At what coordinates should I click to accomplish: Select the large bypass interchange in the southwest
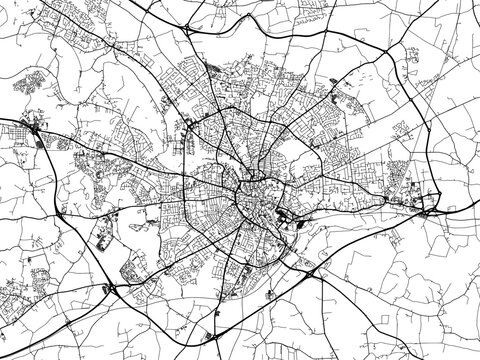click(x=112, y=289)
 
